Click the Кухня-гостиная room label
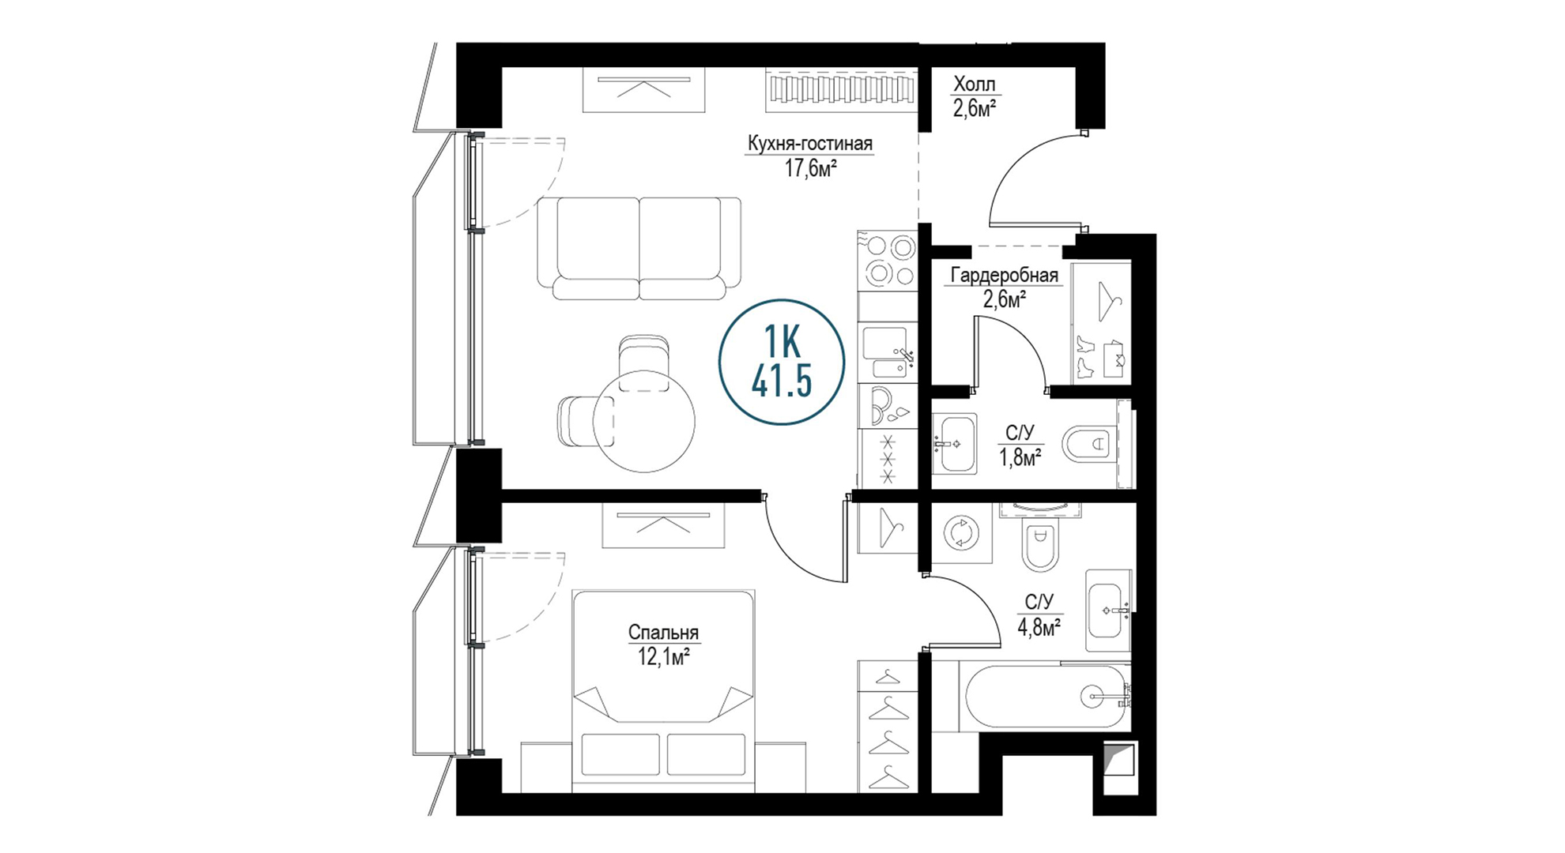[x=810, y=143]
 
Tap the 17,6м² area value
[x=810, y=168]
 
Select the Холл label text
[x=974, y=84]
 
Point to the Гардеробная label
[x=1004, y=275]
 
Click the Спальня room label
[x=663, y=632]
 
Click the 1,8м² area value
[x=1020, y=457]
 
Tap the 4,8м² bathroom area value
[x=1039, y=627]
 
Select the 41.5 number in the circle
[x=782, y=382]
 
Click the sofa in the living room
[x=639, y=248]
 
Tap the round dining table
[x=644, y=421]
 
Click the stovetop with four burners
[x=888, y=261]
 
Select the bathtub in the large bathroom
[x=1045, y=696]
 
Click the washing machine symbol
[x=961, y=532]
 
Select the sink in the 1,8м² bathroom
[x=954, y=443]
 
